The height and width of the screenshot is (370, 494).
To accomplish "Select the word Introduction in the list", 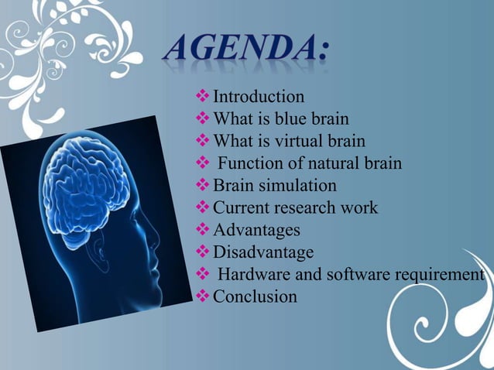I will pos(259,98).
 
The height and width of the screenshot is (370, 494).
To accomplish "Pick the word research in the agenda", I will pos(308,208).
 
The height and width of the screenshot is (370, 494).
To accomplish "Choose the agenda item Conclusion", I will pos(255,296).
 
